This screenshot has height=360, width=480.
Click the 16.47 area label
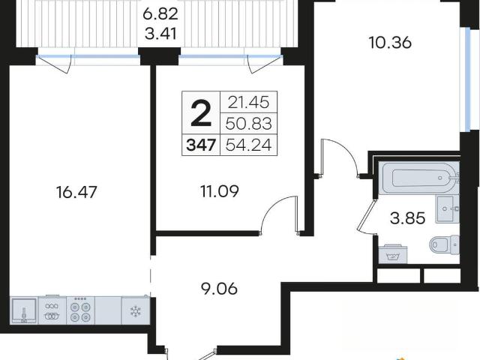tap(76, 192)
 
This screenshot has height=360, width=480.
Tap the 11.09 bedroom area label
tap(220, 191)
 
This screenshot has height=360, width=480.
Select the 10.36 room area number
tap(390, 43)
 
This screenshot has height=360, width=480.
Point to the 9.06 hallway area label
tap(219, 288)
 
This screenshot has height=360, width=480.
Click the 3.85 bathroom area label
tap(408, 218)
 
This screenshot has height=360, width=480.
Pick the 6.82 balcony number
tap(160, 13)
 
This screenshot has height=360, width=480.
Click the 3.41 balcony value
tap(160, 34)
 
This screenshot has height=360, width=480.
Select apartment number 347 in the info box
tap(201, 145)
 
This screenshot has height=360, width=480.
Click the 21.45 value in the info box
tap(248, 102)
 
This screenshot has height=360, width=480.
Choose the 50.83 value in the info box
tap(248, 124)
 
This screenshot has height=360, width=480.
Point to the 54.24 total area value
tap(248, 145)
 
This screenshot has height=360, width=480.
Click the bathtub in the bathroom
tap(418, 178)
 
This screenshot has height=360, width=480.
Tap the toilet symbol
tap(445, 244)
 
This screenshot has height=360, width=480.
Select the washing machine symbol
tap(393, 254)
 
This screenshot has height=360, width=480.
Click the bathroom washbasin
tap(447, 209)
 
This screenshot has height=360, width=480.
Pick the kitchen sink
tap(24, 310)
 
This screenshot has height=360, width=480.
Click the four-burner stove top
tap(81, 310)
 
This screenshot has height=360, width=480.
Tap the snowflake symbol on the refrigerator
tap(135, 312)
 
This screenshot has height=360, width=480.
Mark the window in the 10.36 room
tap(466, 79)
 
